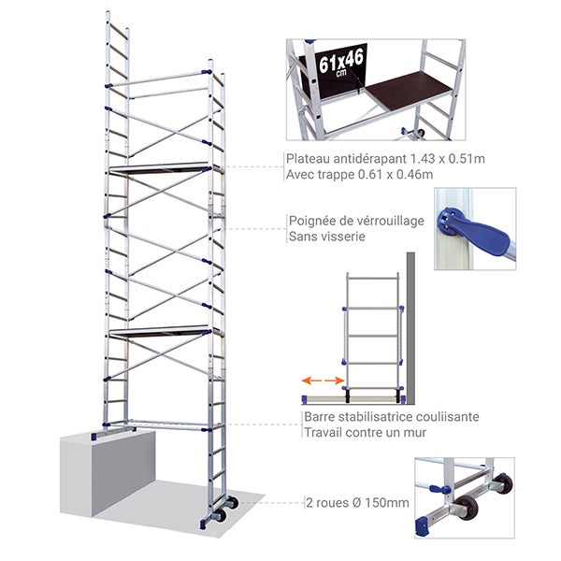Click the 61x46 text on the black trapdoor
[341, 62]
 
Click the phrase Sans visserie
[327, 237]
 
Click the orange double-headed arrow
[324, 381]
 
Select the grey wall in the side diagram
[410, 328]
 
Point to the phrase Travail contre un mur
[365, 433]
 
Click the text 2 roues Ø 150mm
[357, 503]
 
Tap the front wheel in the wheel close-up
[468, 508]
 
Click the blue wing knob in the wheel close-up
[440, 489]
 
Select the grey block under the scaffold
[108, 473]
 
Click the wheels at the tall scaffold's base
[225, 508]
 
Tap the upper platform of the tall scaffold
[160, 169]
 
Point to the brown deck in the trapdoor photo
[410, 90]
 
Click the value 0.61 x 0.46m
[396, 175]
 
